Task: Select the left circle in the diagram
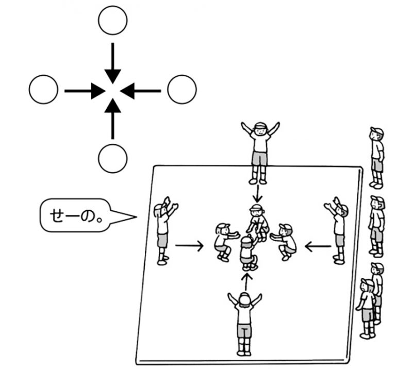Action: [44, 91]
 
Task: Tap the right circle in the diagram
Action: [182, 90]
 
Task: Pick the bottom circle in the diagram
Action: [112, 159]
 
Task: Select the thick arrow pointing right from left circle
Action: [82, 91]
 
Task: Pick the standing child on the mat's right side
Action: [337, 229]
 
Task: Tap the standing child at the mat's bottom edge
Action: [244, 322]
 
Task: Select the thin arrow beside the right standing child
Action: [318, 247]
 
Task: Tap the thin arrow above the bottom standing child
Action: [247, 281]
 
